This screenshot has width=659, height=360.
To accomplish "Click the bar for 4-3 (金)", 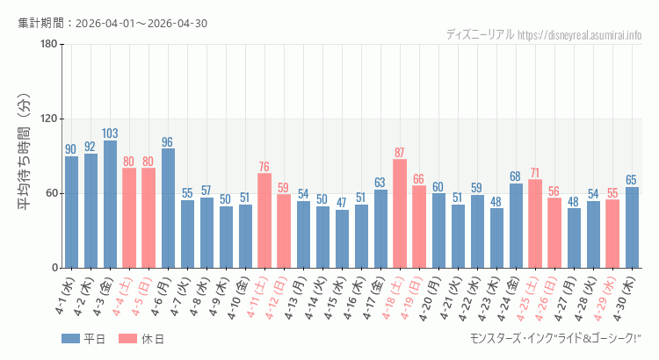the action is [x=110, y=205].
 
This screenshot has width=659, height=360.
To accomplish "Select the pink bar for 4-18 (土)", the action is [x=400, y=213].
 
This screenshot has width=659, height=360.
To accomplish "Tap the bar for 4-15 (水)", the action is [x=342, y=239].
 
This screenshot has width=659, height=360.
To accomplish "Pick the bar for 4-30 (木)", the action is [x=632, y=227].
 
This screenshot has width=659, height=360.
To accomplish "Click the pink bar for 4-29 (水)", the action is [x=612, y=234].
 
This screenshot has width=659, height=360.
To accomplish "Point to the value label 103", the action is [x=110, y=133].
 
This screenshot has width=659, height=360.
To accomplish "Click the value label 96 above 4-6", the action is [x=167, y=142].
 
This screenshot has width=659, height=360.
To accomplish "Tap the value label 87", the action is [x=400, y=153].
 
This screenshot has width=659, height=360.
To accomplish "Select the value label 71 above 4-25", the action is [x=535, y=173].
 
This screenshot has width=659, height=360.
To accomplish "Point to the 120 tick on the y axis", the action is [x=49, y=119].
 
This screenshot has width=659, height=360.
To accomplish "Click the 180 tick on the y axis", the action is [x=49, y=44].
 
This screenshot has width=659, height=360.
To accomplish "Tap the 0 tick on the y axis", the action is [x=55, y=268].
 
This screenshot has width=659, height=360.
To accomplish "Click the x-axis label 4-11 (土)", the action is [x=257, y=298].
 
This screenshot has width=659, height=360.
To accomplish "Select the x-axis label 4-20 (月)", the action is [x=431, y=298].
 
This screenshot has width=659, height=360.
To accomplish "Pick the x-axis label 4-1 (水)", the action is [x=65, y=295].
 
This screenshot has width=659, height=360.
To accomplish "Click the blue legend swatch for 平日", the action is [x=70, y=339].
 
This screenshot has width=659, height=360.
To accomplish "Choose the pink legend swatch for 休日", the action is [x=127, y=339].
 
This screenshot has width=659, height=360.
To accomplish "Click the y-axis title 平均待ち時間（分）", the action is [x=25, y=152].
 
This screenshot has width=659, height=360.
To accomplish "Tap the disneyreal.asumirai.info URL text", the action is [x=580, y=35].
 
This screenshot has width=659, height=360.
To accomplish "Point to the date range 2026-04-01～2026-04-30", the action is [x=141, y=23].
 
